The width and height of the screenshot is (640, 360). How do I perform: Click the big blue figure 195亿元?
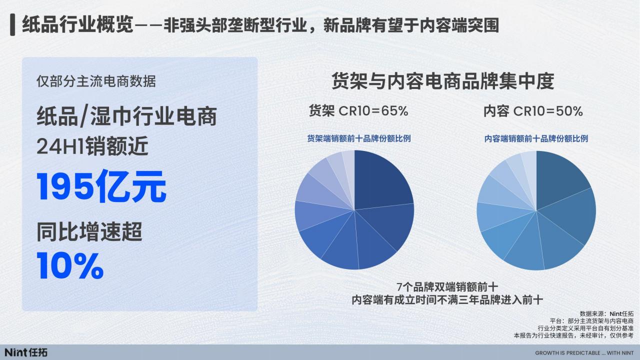click(x=101, y=186)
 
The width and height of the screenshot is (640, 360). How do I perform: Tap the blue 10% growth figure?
click(x=70, y=265)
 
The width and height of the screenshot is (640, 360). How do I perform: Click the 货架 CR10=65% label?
click(x=358, y=111)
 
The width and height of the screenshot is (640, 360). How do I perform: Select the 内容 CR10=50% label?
click(x=533, y=111)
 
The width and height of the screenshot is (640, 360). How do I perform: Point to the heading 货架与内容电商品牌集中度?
click(x=443, y=81)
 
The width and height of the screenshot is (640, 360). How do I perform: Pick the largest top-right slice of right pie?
click(x=560, y=177)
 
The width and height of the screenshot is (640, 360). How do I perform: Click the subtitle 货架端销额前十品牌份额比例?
click(x=359, y=138)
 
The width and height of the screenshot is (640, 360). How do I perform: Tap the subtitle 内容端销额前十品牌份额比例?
click(x=536, y=138)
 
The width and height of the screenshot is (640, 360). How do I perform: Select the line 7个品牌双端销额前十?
click(x=447, y=287)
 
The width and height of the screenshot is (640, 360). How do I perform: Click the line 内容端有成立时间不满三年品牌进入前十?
click(x=447, y=300)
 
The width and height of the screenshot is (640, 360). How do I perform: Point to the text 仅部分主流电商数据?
click(x=96, y=81)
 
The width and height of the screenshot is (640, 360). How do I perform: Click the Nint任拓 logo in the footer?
click(x=26, y=352)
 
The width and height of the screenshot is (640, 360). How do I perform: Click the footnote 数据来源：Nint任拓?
click(x=606, y=313)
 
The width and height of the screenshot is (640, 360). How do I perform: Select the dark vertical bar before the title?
click(x=12, y=25)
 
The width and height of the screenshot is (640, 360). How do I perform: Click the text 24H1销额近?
click(x=92, y=145)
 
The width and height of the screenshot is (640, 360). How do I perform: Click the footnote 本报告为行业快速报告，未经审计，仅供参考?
click(x=573, y=335)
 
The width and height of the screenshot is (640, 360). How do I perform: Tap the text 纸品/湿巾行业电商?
click(x=126, y=116)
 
